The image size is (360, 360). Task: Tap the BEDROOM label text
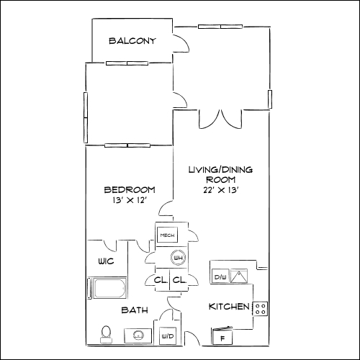(x=130, y=190)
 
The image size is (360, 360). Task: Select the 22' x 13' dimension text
(x=220, y=191)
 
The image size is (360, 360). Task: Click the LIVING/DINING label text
(x=220, y=171)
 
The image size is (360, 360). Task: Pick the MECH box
(x=167, y=235)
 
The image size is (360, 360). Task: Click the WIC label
(x=106, y=261)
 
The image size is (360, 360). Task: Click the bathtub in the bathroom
(x=108, y=289)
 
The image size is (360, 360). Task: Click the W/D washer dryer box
(x=167, y=336)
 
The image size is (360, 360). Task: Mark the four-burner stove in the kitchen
(x=261, y=309)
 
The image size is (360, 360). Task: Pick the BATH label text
(x=135, y=311)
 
